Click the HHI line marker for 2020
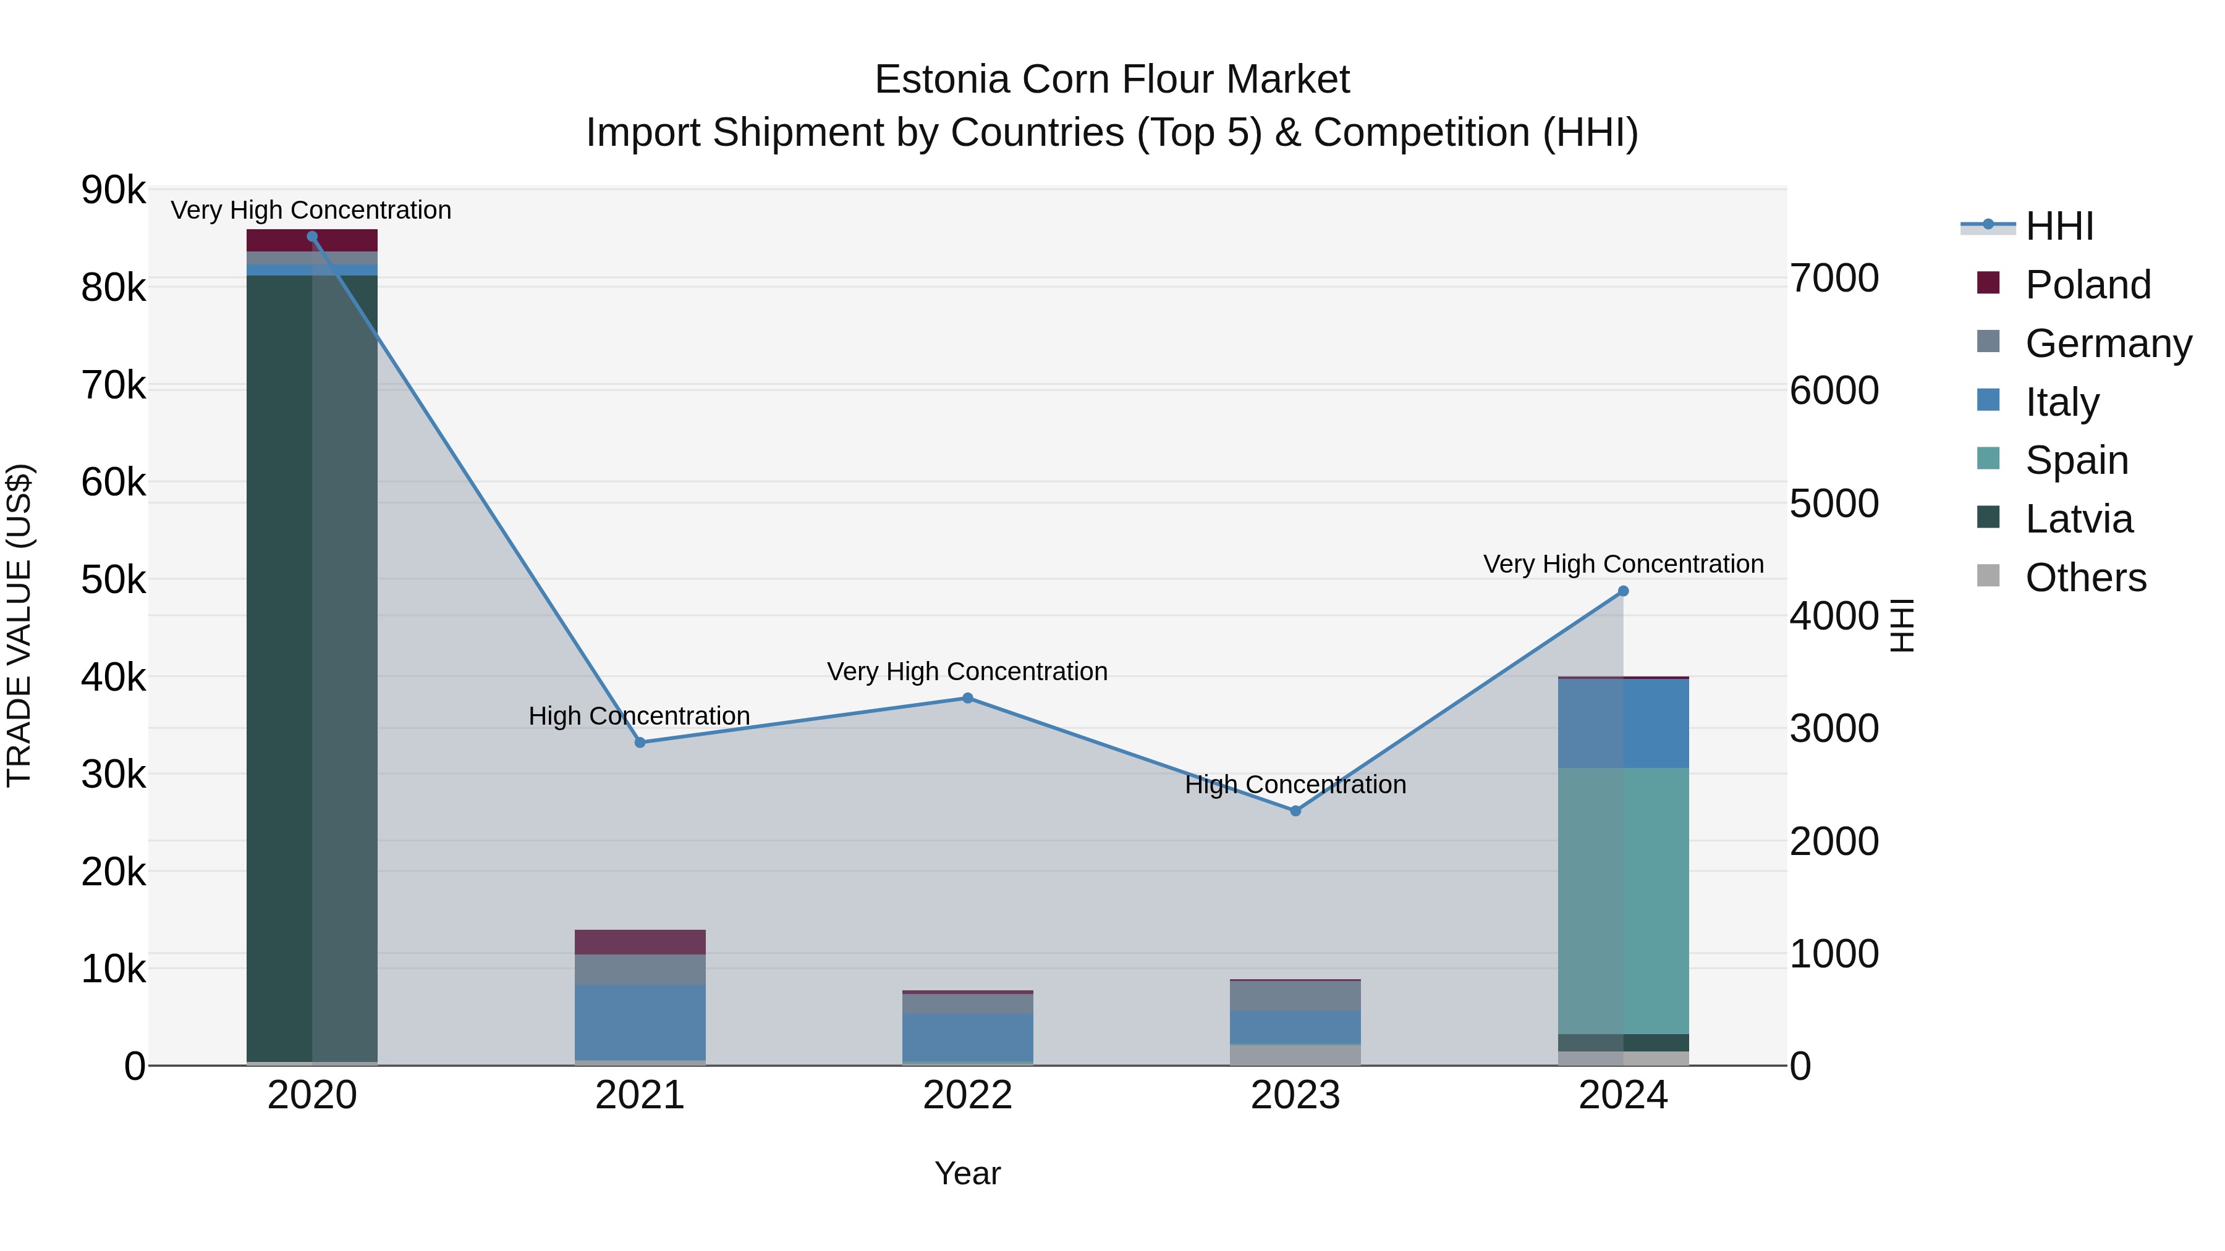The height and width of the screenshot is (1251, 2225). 312,237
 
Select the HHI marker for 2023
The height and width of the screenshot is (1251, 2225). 1295,811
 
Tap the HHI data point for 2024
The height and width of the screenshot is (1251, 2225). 1623,591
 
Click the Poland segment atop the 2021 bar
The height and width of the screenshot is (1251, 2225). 640,942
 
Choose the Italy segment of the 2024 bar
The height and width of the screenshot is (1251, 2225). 1623,723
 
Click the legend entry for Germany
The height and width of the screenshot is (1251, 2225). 2108,343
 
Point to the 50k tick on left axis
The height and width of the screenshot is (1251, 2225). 114,580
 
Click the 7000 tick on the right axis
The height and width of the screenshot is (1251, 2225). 1834,278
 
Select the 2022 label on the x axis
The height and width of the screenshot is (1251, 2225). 967,1095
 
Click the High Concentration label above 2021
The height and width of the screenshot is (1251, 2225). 639,716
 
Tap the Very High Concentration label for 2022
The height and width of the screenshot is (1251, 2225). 967,671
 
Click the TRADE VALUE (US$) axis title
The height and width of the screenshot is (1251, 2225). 19,625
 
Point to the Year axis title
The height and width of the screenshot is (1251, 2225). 967,1173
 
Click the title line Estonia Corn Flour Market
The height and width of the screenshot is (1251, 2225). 1112,80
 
